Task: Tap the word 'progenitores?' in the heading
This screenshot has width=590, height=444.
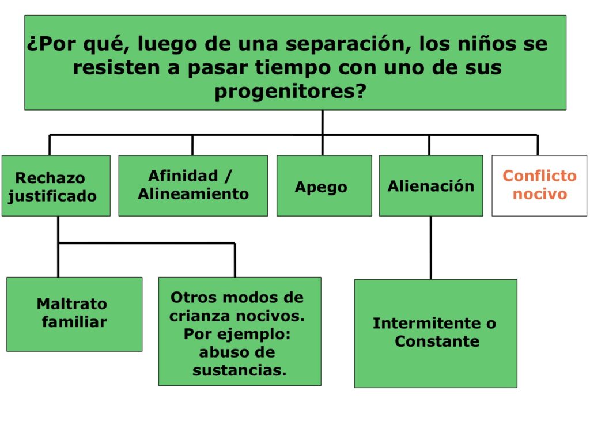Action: point(290,92)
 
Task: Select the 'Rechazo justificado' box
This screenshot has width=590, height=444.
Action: point(56,186)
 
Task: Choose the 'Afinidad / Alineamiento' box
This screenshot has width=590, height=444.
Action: point(193,186)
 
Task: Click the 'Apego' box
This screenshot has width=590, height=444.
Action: point(324,186)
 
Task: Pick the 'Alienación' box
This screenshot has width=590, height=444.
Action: point(431,186)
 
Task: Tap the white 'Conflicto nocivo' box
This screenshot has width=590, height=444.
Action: point(539,186)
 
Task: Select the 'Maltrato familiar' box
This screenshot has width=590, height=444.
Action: point(74,314)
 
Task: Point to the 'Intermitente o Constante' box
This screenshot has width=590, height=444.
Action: point(436,333)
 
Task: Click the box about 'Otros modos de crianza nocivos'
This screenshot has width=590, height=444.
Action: point(240,331)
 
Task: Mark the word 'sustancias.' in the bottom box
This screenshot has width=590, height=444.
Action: point(239,370)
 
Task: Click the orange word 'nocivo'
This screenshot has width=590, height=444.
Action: point(539,194)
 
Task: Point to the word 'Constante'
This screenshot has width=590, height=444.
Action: point(437,341)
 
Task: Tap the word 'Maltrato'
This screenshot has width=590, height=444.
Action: point(72,303)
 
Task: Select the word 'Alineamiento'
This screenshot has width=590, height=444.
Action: point(193,194)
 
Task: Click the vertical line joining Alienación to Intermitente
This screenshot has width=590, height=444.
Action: point(431,248)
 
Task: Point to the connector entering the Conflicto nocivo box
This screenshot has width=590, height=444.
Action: point(538,145)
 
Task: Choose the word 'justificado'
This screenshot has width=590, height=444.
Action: point(52,196)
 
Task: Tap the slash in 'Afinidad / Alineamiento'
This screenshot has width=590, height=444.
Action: point(228,176)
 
